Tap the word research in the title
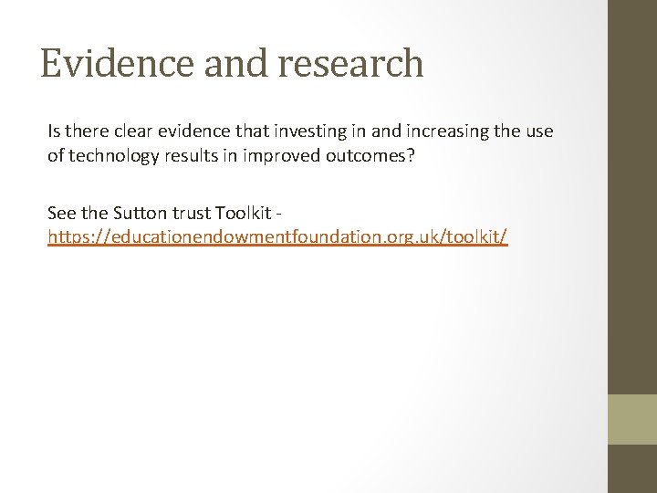pyautogui.click(x=350, y=63)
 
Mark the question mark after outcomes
pyautogui.click(x=412, y=155)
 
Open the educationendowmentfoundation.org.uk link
pyautogui.click(x=277, y=237)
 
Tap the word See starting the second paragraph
pyautogui.click(x=62, y=213)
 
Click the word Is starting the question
pyautogui.click(x=54, y=131)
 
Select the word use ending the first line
pyautogui.click(x=538, y=131)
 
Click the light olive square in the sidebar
pyautogui.click(x=632, y=419)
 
